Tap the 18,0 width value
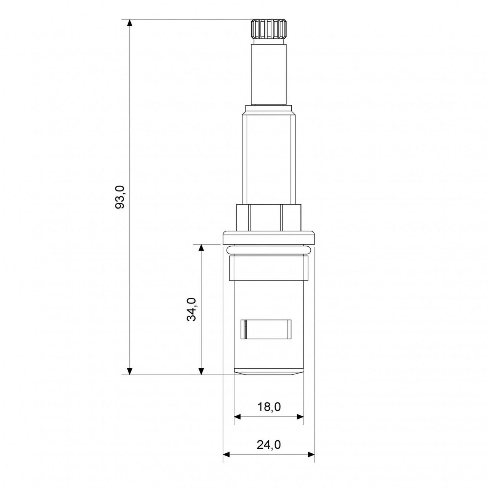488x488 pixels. click(x=269, y=407)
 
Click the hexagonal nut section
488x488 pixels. click(x=269, y=217)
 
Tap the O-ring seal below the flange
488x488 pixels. click(x=269, y=250)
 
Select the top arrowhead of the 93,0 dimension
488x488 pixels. click(x=130, y=23)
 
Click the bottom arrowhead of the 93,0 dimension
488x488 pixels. click(x=130, y=371)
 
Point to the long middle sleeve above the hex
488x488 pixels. click(x=269, y=156)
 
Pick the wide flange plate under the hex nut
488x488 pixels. click(x=269, y=237)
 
